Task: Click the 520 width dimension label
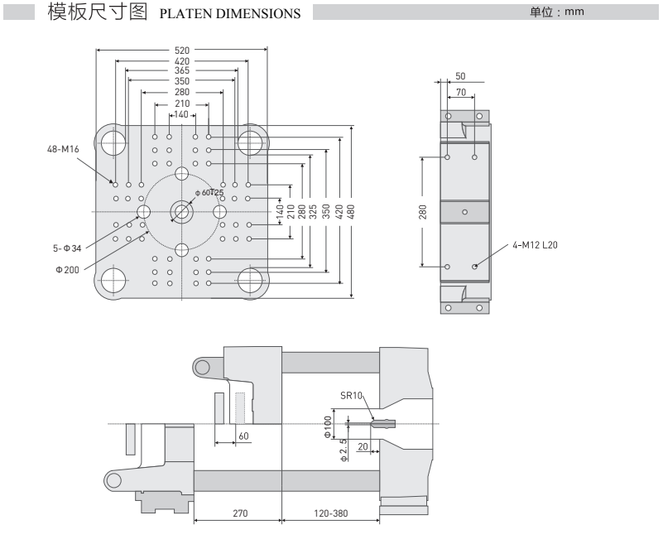pos(182,51)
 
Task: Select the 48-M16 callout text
pos(63,149)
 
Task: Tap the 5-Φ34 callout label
pos(67,248)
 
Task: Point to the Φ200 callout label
pos(67,270)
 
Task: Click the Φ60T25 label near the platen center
pos(209,192)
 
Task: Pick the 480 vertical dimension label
pos(351,211)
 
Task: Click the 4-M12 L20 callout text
pos(535,245)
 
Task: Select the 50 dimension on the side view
pos(460,76)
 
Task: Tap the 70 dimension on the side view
pos(461,92)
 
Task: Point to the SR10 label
pos(352,396)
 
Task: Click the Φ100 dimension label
pos(328,426)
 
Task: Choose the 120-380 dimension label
pos(330,513)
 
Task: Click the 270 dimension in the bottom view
pos(240,513)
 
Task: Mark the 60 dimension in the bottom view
pos(243,436)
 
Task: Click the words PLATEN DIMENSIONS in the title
pos(230,13)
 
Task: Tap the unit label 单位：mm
pos(557,12)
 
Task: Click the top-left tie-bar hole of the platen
pos(113,142)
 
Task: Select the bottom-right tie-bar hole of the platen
pos(250,281)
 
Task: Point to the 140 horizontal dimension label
pos(181,114)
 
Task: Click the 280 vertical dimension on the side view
pos(422,212)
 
